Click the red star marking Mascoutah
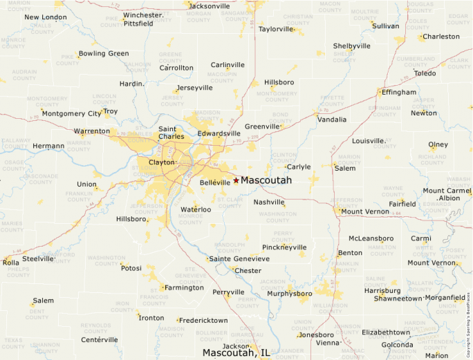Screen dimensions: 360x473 tap(236, 180)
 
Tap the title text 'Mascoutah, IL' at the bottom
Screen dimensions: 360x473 tap(236, 352)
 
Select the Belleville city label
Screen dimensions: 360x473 tap(214, 182)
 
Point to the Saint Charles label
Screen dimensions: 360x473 tap(171, 132)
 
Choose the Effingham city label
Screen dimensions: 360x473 tap(399, 92)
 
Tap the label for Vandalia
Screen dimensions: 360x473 tap(332, 120)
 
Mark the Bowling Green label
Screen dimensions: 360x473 tap(104, 53)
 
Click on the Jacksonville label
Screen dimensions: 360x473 tap(209, 6)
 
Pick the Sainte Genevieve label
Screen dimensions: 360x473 tap(239, 258)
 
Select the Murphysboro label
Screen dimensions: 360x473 tap(290, 293)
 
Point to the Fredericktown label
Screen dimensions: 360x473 tap(203, 321)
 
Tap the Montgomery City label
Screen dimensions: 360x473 tap(71, 113)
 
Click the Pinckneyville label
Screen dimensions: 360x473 tap(284, 247)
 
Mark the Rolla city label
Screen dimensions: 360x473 tap(11, 263)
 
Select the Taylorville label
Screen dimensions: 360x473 tap(276, 29)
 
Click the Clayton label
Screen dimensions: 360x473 tap(162, 162)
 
